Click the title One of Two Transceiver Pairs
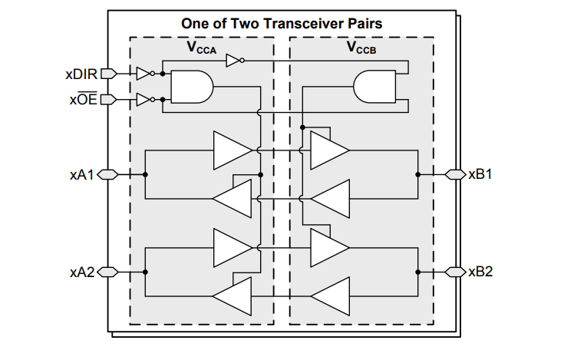[x=282, y=23]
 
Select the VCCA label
[x=201, y=48]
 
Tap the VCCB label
[x=361, y=48]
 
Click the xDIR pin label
[x=81, y=74]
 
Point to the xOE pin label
[x=83, y=100]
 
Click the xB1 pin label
[x=480, y=175]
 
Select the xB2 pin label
[x=480, y=271]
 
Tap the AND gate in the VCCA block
[x=190, y=87]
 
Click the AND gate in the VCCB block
[x=373, y=87]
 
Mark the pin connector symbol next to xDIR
[x=108, y=74]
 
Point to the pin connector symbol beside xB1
[x=455, y=175]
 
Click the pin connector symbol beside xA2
[x=107, y=271]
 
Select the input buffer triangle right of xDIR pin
[x=143, y=74]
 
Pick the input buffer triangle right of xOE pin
[x=143, y=100]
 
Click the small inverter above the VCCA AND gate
[x=234, y=61]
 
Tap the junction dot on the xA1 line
[x=145, y=175]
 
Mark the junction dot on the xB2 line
[x=418, y=271]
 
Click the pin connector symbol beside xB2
[x=455, y=271]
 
